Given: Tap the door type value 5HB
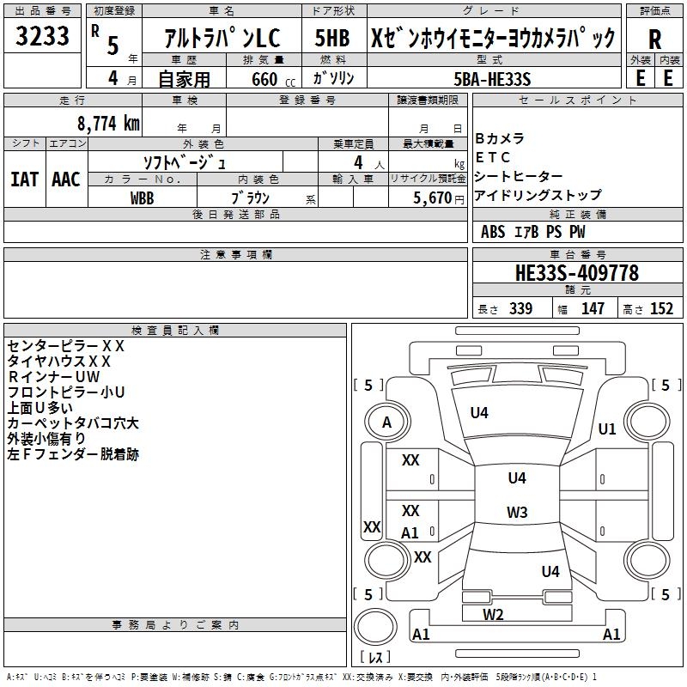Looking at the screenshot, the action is (x=332, y=38).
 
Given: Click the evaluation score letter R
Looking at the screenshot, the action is (x=655, y=39).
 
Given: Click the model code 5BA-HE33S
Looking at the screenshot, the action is (x=493, y=79).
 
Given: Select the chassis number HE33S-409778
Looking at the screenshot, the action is (x=577, y=273).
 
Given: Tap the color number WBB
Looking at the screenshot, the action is (x=143, y=197).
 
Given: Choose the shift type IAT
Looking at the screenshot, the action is (x=24, y=179).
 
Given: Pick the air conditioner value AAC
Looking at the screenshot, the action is (x=66, y=179).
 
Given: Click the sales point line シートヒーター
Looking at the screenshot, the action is (x=520, y=176).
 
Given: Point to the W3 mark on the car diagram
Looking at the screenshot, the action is (x=517, y=513).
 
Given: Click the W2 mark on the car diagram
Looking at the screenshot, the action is (x=493, y=614).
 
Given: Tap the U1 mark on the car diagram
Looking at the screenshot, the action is (x=607, y=429).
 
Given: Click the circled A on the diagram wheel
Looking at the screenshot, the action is (x=386, y=423).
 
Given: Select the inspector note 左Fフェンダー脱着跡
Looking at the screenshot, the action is (x=72, y=454).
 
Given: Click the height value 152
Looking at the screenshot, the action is (x=661, y=309).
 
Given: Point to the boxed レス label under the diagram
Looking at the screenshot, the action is (x=375, y=658).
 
